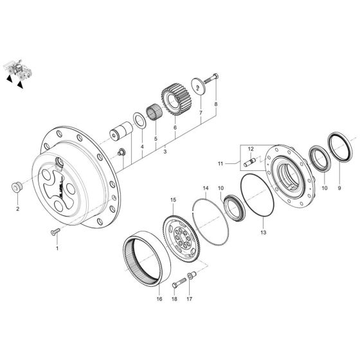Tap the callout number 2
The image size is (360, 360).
[x=18, y=208]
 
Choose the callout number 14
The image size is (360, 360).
[x=205, y=189]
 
